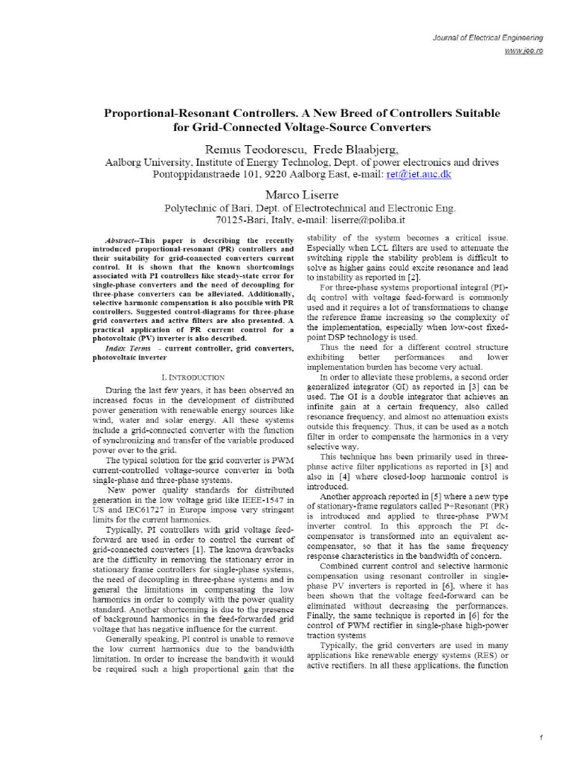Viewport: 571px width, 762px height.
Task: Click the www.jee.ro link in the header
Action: (524, 50)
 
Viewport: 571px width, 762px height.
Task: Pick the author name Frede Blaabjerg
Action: (344, 148)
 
